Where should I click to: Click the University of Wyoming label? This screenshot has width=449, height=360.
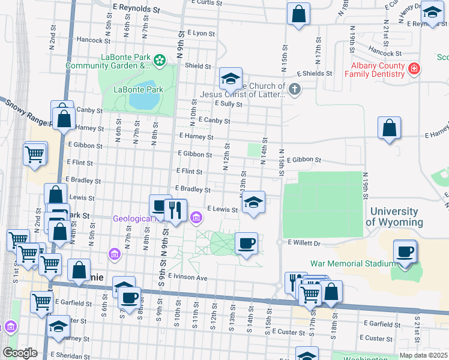394,217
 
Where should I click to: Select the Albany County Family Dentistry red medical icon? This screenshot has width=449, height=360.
413,70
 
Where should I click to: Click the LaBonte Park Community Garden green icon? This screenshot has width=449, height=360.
159,60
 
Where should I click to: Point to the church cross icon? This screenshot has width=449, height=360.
294,89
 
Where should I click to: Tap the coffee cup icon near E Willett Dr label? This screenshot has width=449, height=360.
246,243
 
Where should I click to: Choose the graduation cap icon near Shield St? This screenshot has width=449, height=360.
230,78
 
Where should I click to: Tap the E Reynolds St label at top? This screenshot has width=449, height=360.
137,10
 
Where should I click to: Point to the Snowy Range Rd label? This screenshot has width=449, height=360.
27,112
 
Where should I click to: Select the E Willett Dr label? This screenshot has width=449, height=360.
306,243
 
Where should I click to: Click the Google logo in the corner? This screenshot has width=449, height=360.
19,353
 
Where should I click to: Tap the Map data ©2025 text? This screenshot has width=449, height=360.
423,355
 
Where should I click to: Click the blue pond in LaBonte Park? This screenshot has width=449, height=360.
141,95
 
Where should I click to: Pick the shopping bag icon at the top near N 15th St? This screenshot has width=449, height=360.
298,14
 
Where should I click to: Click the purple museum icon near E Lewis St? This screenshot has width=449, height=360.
196,217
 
